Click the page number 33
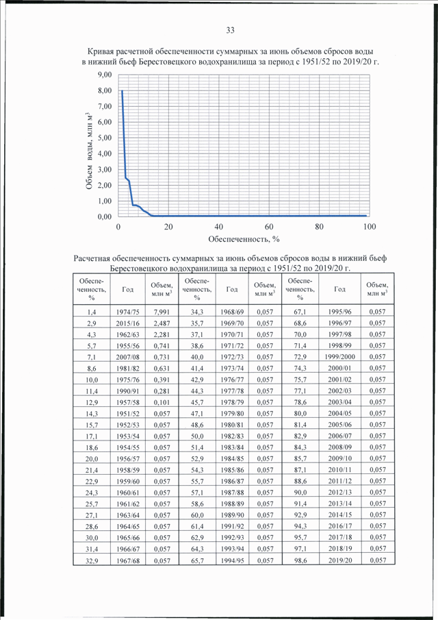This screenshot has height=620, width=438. point(230,30)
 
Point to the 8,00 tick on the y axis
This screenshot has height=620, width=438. point(105,90)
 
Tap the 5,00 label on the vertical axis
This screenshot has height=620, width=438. point(105,138)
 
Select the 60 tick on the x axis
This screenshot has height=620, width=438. point(269,227)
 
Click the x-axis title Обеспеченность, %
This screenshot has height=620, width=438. point(244,239)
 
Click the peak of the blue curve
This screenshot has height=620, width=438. point(122,90)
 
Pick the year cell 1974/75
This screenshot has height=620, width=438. point(127,312)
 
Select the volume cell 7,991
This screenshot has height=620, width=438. point(162,312)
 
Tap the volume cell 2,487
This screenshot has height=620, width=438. point(162,323)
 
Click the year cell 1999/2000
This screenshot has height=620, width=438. point(339,357)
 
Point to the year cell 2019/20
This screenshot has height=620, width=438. point(339,560)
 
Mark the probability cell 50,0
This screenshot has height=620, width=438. point(197,436)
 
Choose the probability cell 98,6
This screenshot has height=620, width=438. point(300,560)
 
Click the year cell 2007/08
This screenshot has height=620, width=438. point(127,357)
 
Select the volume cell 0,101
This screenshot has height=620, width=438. point(162,403)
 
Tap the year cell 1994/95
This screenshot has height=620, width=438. point(232,560)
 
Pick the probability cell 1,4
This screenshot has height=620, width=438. point(92,312)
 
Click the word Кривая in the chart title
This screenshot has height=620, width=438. point(99,52)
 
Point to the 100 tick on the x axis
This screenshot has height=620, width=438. point(370,227)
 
